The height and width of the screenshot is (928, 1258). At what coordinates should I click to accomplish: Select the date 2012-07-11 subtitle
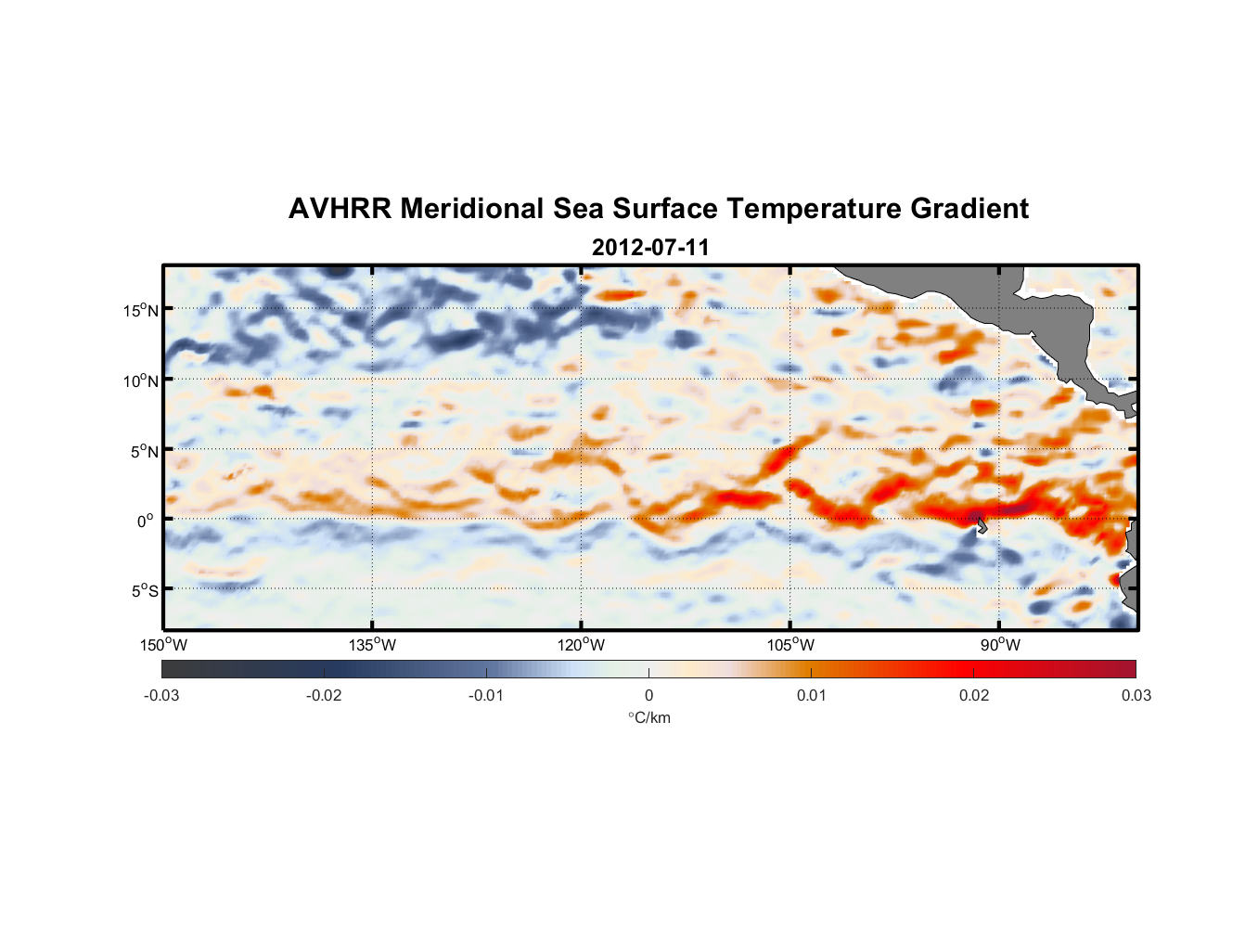click(650, 248)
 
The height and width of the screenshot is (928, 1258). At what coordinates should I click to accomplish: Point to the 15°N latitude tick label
click(141, 310)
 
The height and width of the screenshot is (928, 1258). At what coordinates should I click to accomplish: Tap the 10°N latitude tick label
click(141, 380)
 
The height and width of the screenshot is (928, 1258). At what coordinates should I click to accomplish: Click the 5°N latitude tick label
click(144, 451)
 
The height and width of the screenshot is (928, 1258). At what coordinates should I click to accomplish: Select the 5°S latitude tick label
click(144, 590)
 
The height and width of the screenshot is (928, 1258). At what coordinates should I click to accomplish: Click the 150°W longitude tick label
click(164, 645)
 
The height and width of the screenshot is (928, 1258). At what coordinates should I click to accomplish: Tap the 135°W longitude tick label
click(373, 645)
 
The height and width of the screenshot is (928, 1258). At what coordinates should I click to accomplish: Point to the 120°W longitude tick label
click(582, 645)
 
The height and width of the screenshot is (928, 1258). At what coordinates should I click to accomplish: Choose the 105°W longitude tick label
click(790, 645)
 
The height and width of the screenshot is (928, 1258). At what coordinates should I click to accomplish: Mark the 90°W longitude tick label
click(1000, 645)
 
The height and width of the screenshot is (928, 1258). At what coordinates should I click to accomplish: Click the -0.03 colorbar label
click(161, 695)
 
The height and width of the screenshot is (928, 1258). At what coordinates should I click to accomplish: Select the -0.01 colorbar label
click(486, 695)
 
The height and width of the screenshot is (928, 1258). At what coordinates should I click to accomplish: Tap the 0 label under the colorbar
click(648, 695)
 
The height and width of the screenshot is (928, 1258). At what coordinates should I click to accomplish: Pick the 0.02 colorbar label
click(974, 695)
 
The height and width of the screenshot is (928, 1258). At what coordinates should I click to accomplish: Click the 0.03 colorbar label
click(1136, 695)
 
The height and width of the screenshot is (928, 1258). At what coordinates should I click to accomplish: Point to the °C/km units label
click(648, 717)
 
